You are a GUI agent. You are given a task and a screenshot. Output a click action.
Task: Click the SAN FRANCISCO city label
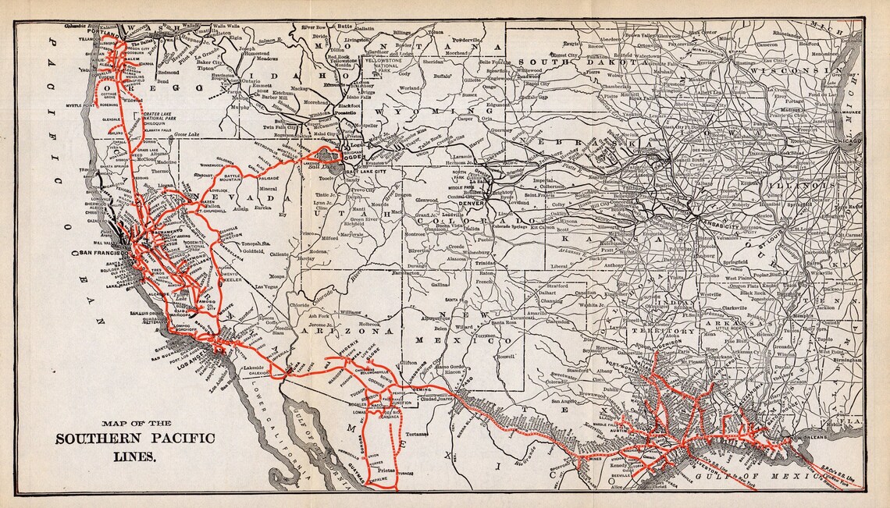tap(107, 254)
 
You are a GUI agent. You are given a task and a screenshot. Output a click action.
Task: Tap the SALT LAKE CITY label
tap(362, 171)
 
